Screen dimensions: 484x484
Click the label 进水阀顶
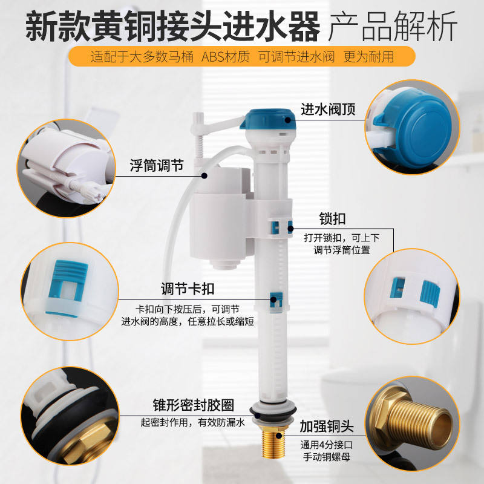(328, 110)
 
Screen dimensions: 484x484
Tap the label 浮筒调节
(157, 165)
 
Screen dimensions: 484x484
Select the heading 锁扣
(332, 219)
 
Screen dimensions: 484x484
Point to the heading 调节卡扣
(188, 289)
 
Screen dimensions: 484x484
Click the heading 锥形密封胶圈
(194, 405)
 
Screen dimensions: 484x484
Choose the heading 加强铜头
(327, 427)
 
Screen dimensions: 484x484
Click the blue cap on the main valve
(268, 119)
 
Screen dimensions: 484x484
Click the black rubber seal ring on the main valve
(273, 411)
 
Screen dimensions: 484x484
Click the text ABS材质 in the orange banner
(226, 57)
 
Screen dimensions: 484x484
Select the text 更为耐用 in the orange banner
(368, 57)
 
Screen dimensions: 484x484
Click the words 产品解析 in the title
(393, 26)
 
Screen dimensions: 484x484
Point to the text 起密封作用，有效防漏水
(193, 422)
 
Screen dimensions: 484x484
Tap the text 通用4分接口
(327, 445)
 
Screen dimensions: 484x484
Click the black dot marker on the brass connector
(279, 436)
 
